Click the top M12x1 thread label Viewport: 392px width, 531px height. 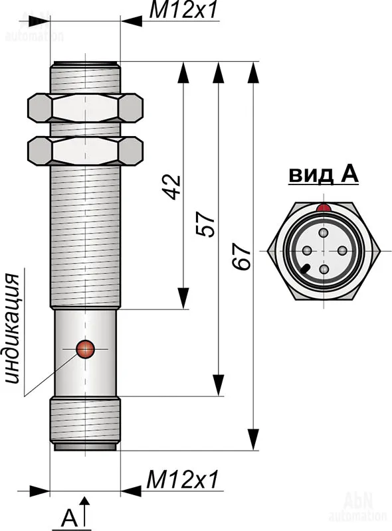183,11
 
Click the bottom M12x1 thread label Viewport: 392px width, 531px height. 182,479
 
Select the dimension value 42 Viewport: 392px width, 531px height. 171,187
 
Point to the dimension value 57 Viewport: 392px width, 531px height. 205,224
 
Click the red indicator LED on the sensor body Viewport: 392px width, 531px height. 85,349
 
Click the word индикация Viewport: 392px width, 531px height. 13,329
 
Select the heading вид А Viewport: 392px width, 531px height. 323,175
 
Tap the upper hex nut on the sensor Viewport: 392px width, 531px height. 85,108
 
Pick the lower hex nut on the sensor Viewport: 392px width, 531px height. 85,151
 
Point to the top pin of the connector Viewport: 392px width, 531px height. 324,233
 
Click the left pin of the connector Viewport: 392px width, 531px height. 307,251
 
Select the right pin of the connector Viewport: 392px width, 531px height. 342,251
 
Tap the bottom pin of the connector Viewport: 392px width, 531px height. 324,269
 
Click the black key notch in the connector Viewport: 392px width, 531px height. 304,269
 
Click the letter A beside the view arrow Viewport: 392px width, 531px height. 70,518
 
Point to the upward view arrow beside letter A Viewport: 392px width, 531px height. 85,511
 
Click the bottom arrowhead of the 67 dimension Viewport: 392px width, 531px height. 253,439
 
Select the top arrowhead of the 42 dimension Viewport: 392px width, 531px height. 183,72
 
